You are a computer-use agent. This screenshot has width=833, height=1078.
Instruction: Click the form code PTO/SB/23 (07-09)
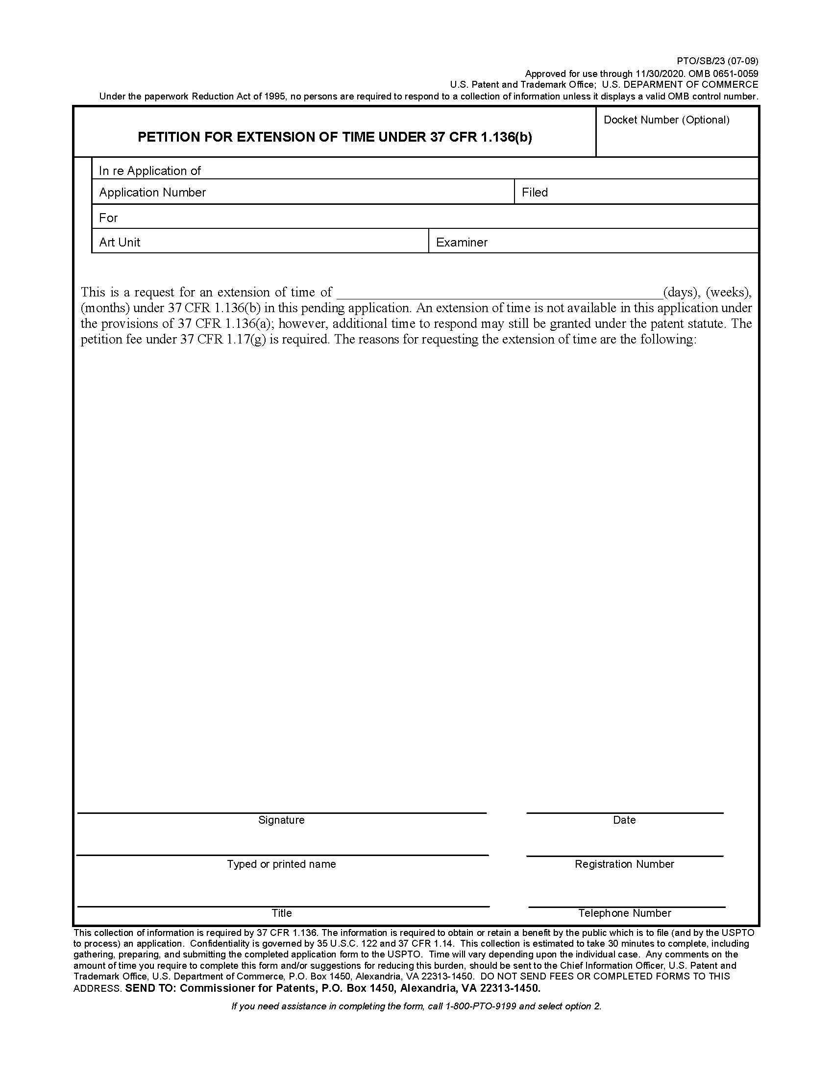click(x=717, y=61)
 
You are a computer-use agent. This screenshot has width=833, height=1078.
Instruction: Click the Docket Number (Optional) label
click(x=666, y=120)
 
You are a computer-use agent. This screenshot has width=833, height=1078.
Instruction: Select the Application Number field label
click(x=152, y=193)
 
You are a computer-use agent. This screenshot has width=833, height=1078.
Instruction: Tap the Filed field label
click(x=535, y=193)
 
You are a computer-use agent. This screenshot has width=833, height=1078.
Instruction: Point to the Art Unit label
click(x=120, y=243)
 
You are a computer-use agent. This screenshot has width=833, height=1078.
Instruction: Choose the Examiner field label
click(x=462, y=243)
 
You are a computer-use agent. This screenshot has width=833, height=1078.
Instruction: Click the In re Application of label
click(x=149, y=171)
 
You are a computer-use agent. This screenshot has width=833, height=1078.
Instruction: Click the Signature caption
click(x=281, y=820)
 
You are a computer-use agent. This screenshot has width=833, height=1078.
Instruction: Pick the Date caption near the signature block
click(x=624, y=820)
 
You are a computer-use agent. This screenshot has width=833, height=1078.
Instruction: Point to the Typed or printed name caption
click(x=281, y=864)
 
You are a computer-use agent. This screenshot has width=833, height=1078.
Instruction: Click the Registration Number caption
click(x=624, y=864)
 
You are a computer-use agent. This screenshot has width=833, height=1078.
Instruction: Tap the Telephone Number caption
click(x=625, y=913)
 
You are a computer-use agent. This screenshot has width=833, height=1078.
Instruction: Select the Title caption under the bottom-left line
click(x=281, y=913)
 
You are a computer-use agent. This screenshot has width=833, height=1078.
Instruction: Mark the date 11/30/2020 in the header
click(x=659, y=74)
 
